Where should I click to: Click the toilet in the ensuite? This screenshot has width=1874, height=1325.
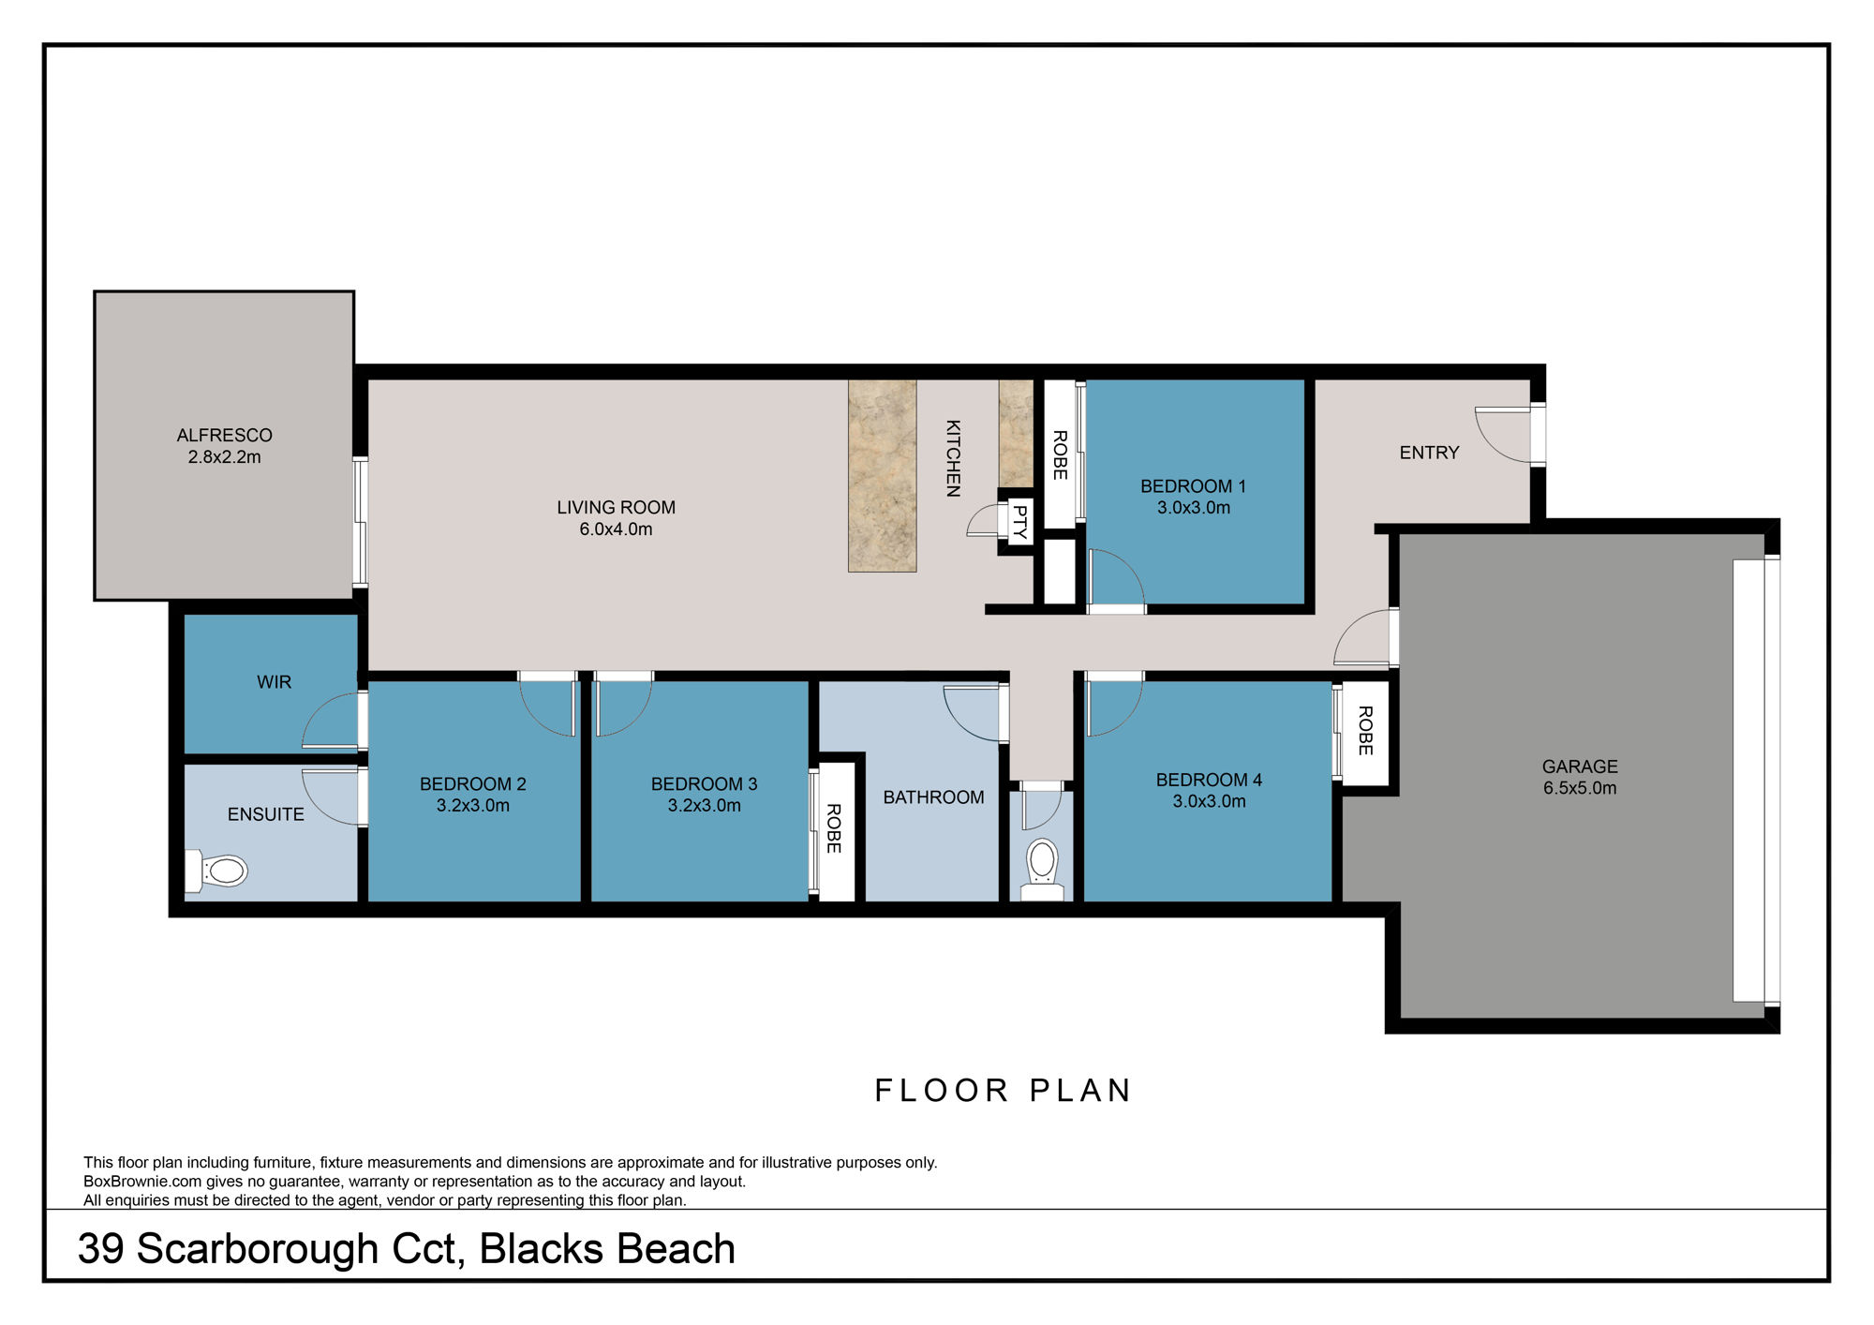218,871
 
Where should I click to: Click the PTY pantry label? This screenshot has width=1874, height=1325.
1019,522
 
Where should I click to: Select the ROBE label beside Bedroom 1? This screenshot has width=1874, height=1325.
1060,454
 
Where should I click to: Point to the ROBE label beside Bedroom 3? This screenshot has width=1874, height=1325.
833,828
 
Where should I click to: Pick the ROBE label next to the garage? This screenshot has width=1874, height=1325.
1365,731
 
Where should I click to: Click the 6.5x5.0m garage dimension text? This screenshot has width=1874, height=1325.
1580,788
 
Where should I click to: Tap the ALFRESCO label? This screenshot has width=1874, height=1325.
224,435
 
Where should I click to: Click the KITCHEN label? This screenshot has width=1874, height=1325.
953,457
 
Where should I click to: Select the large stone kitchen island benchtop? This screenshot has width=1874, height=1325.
882,475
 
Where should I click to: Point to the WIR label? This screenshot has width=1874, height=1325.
274,682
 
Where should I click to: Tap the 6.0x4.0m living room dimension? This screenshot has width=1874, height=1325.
616,529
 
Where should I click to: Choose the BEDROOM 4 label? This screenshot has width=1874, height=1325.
1209,780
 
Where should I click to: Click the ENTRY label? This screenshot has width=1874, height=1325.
1429,453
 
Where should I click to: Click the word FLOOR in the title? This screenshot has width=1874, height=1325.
941,1091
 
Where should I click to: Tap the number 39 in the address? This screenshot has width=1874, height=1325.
100,1249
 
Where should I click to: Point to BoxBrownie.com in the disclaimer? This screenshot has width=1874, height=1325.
142,1182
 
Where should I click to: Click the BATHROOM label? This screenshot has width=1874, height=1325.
933,797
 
